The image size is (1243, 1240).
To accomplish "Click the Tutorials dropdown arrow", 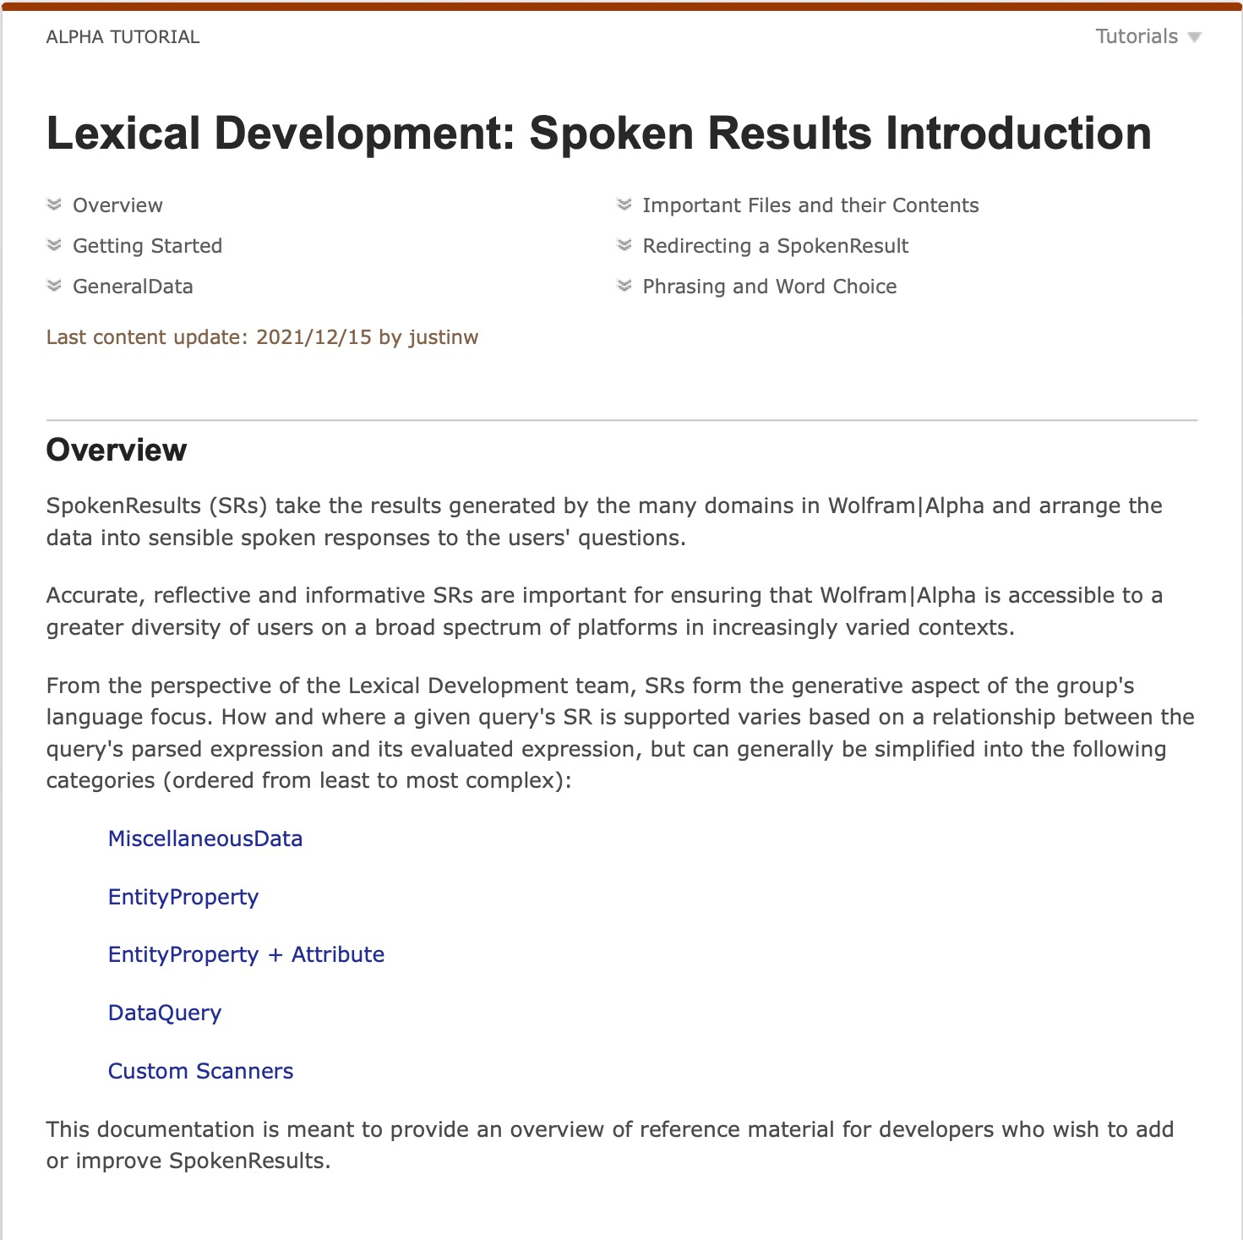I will pos(1194,37).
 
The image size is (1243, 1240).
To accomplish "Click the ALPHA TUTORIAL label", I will pos(123,37).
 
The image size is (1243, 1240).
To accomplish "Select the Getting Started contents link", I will pos(147,246).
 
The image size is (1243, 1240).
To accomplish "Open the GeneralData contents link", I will pos(133,287).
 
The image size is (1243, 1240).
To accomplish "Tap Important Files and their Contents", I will pos(810,205).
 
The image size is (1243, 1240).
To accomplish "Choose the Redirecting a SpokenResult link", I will pos(775,246).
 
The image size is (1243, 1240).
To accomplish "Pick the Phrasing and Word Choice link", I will pos(769,287).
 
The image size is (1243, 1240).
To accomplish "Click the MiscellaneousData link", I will pos(205,839).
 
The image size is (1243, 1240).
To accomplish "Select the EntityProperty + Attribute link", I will pos(246,954).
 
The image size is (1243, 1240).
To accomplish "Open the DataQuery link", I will pos(165,1013).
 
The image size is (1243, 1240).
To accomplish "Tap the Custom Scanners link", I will pos(200,1071).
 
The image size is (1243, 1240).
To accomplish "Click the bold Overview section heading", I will pos(117,451).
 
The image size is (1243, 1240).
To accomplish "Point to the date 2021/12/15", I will pos(313,337).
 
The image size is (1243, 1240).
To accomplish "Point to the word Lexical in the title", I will pos(123,134).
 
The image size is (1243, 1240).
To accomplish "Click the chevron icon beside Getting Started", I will pos(54,245).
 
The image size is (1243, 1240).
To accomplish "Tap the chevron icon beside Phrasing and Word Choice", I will pos(624,286).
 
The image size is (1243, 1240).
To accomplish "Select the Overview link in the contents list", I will pos(117,205).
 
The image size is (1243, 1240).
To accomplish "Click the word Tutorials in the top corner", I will pos(1136,37).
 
